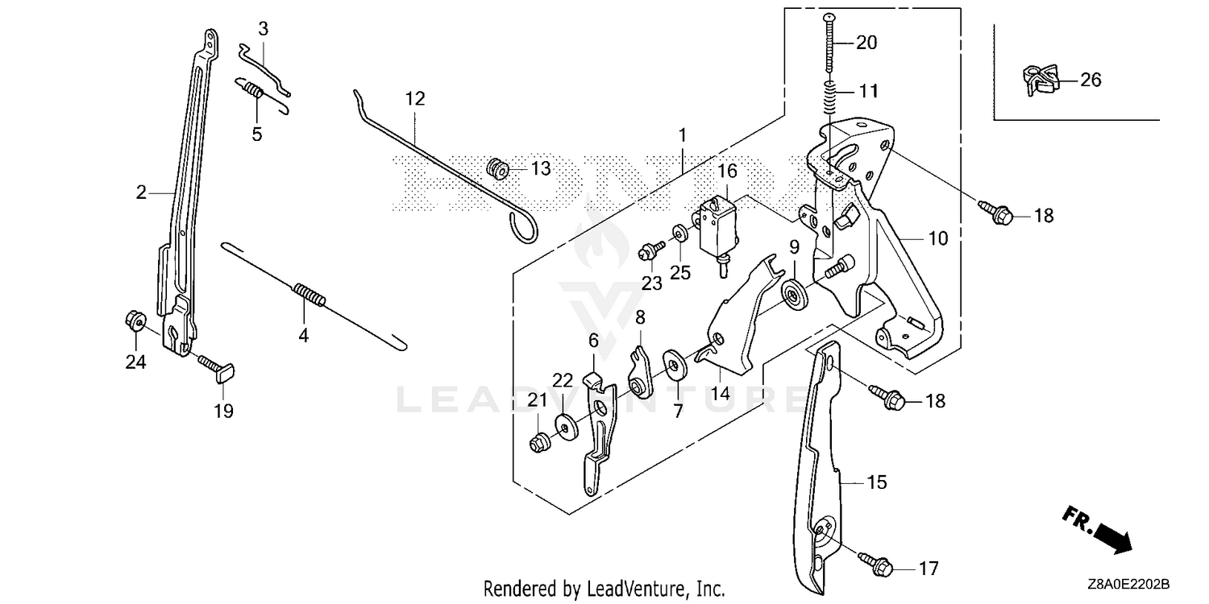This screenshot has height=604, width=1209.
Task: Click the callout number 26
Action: (1091, 80)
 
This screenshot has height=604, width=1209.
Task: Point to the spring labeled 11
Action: (831, 97)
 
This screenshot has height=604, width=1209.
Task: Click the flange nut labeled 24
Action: (135, 321)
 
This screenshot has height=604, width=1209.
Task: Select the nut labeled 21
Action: (539, 443)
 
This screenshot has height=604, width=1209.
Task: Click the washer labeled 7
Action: (674, 366)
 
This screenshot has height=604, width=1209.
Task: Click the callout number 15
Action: (877, 482)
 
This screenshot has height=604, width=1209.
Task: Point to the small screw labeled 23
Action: (651, 250)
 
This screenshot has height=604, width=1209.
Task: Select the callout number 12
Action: (415, 99)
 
